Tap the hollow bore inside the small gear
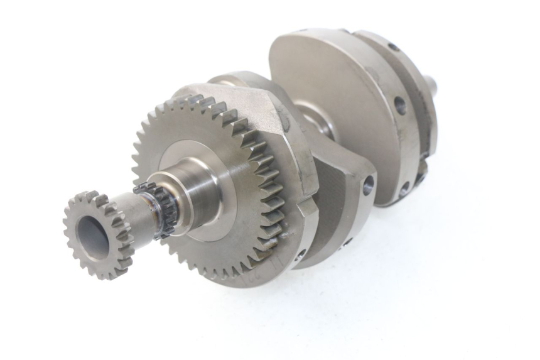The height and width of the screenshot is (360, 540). coord(92,237)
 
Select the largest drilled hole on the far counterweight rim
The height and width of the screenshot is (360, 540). coord(400,105)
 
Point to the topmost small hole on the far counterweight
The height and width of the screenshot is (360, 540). coord(393,47)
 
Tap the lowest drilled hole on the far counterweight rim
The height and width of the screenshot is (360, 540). coord(403,187)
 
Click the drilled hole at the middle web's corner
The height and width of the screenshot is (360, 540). coord(368,184)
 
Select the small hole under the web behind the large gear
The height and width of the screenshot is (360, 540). coord(301,254)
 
